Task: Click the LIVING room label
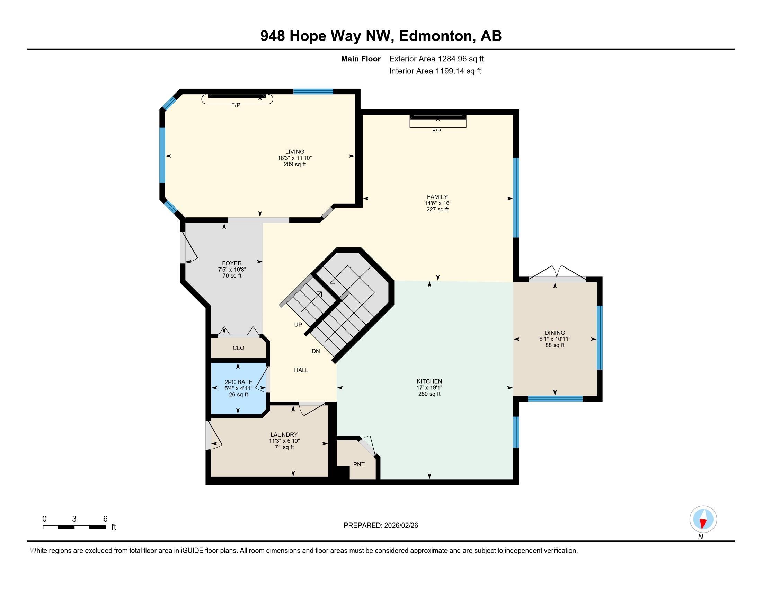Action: [294, 151]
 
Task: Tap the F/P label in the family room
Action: [436, 131]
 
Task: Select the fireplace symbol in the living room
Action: [237, 99]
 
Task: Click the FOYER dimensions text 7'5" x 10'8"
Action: [232, 269]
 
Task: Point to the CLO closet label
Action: [238, 348]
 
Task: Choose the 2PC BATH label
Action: [238, 382]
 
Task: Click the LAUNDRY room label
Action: [284, 434]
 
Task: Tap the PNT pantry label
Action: [359, 464]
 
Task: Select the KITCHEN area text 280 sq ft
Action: [429, 394]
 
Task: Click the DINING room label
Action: [555, 333]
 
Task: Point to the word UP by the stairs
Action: [298, 325]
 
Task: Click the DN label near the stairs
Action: [316, 351]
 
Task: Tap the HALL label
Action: [301, 370]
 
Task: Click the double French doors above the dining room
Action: [557, 274]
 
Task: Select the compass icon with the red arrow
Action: [703, 519]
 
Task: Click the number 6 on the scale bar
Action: [105, 519]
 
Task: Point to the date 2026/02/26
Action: [400, 526]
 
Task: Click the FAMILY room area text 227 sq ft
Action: [437, 209]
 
